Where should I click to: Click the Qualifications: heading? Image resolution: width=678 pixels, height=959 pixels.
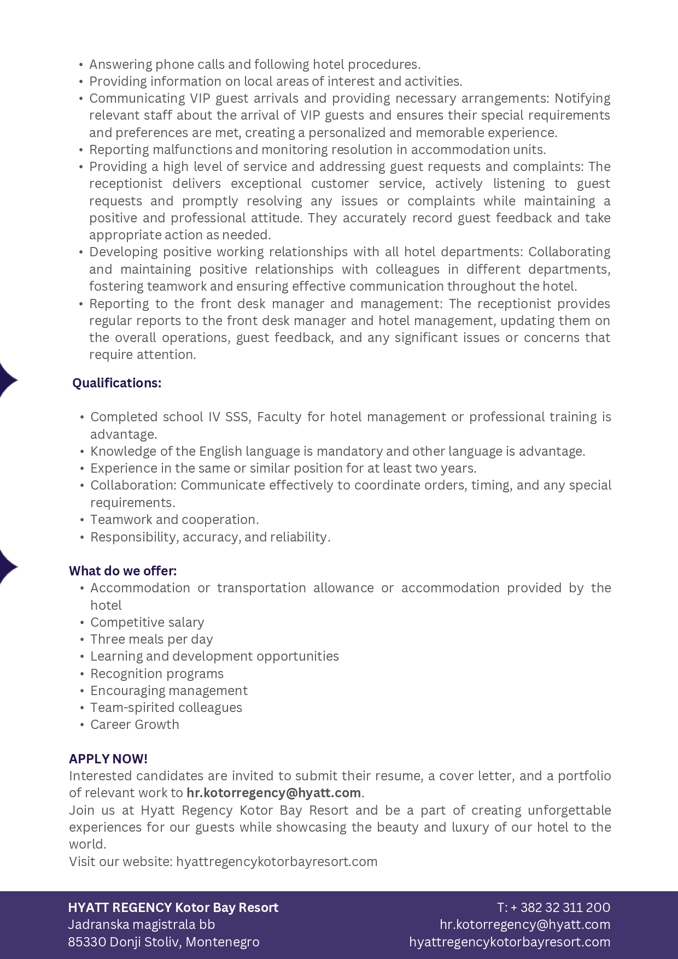[117, 383]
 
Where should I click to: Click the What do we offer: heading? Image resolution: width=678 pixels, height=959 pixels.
[123, 571]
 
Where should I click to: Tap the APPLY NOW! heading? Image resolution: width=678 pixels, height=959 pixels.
[108, 759]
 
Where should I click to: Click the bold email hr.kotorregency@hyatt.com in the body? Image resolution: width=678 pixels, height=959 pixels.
[273, 793]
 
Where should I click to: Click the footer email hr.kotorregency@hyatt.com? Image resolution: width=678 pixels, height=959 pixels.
[525, 925]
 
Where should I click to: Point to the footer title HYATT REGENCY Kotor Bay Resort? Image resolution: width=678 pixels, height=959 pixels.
[173, 908]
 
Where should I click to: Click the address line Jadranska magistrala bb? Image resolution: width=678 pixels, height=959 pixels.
[142, 925]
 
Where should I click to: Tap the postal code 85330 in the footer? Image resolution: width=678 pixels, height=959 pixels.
[87, 942]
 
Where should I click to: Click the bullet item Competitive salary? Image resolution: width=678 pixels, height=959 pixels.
[147, 622]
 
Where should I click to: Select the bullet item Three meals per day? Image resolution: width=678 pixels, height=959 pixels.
[151, 639]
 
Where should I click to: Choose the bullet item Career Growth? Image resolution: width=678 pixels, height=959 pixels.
[135, 725]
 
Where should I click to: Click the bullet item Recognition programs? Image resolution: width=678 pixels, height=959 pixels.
[157, 674]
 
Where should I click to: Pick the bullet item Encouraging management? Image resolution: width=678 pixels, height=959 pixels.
[169, 691]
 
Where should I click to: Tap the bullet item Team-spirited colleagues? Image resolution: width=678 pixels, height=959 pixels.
[166, 708]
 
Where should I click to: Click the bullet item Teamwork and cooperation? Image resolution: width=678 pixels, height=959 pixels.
[174, 520]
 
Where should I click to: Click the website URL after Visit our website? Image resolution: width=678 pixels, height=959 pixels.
[277, 862]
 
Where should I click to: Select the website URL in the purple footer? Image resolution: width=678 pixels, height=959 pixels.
[510, 942]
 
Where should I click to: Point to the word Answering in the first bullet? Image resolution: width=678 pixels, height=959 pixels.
[121, 64]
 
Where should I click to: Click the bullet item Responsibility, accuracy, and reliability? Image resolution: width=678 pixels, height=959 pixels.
[211, 537]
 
